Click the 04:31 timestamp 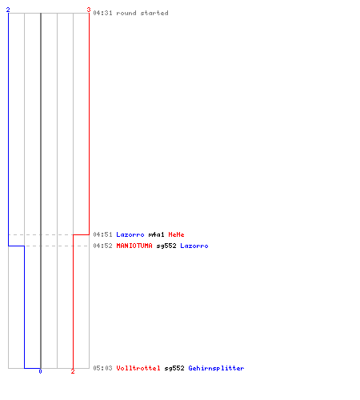coord(102,13)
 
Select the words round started coord(142,13)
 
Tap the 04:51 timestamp coord(102,234)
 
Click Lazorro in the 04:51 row coord(130,234)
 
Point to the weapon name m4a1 coord(156,234)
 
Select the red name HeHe coord(176,234)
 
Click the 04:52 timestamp coord(102,246)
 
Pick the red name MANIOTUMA coord(134,246)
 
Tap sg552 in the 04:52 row coord(166,246)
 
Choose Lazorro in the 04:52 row coord(194,246)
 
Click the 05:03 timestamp coord(102,368)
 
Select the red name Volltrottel coord(138,368)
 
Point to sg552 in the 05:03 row coord(174,368)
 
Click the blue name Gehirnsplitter coord(216,368)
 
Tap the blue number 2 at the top coord(8,10)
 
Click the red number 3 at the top coord(89,10)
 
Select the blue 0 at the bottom coord(40,371)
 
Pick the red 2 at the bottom coord(73,371)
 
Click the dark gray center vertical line coord(41,190)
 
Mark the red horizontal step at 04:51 coord(81,234)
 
